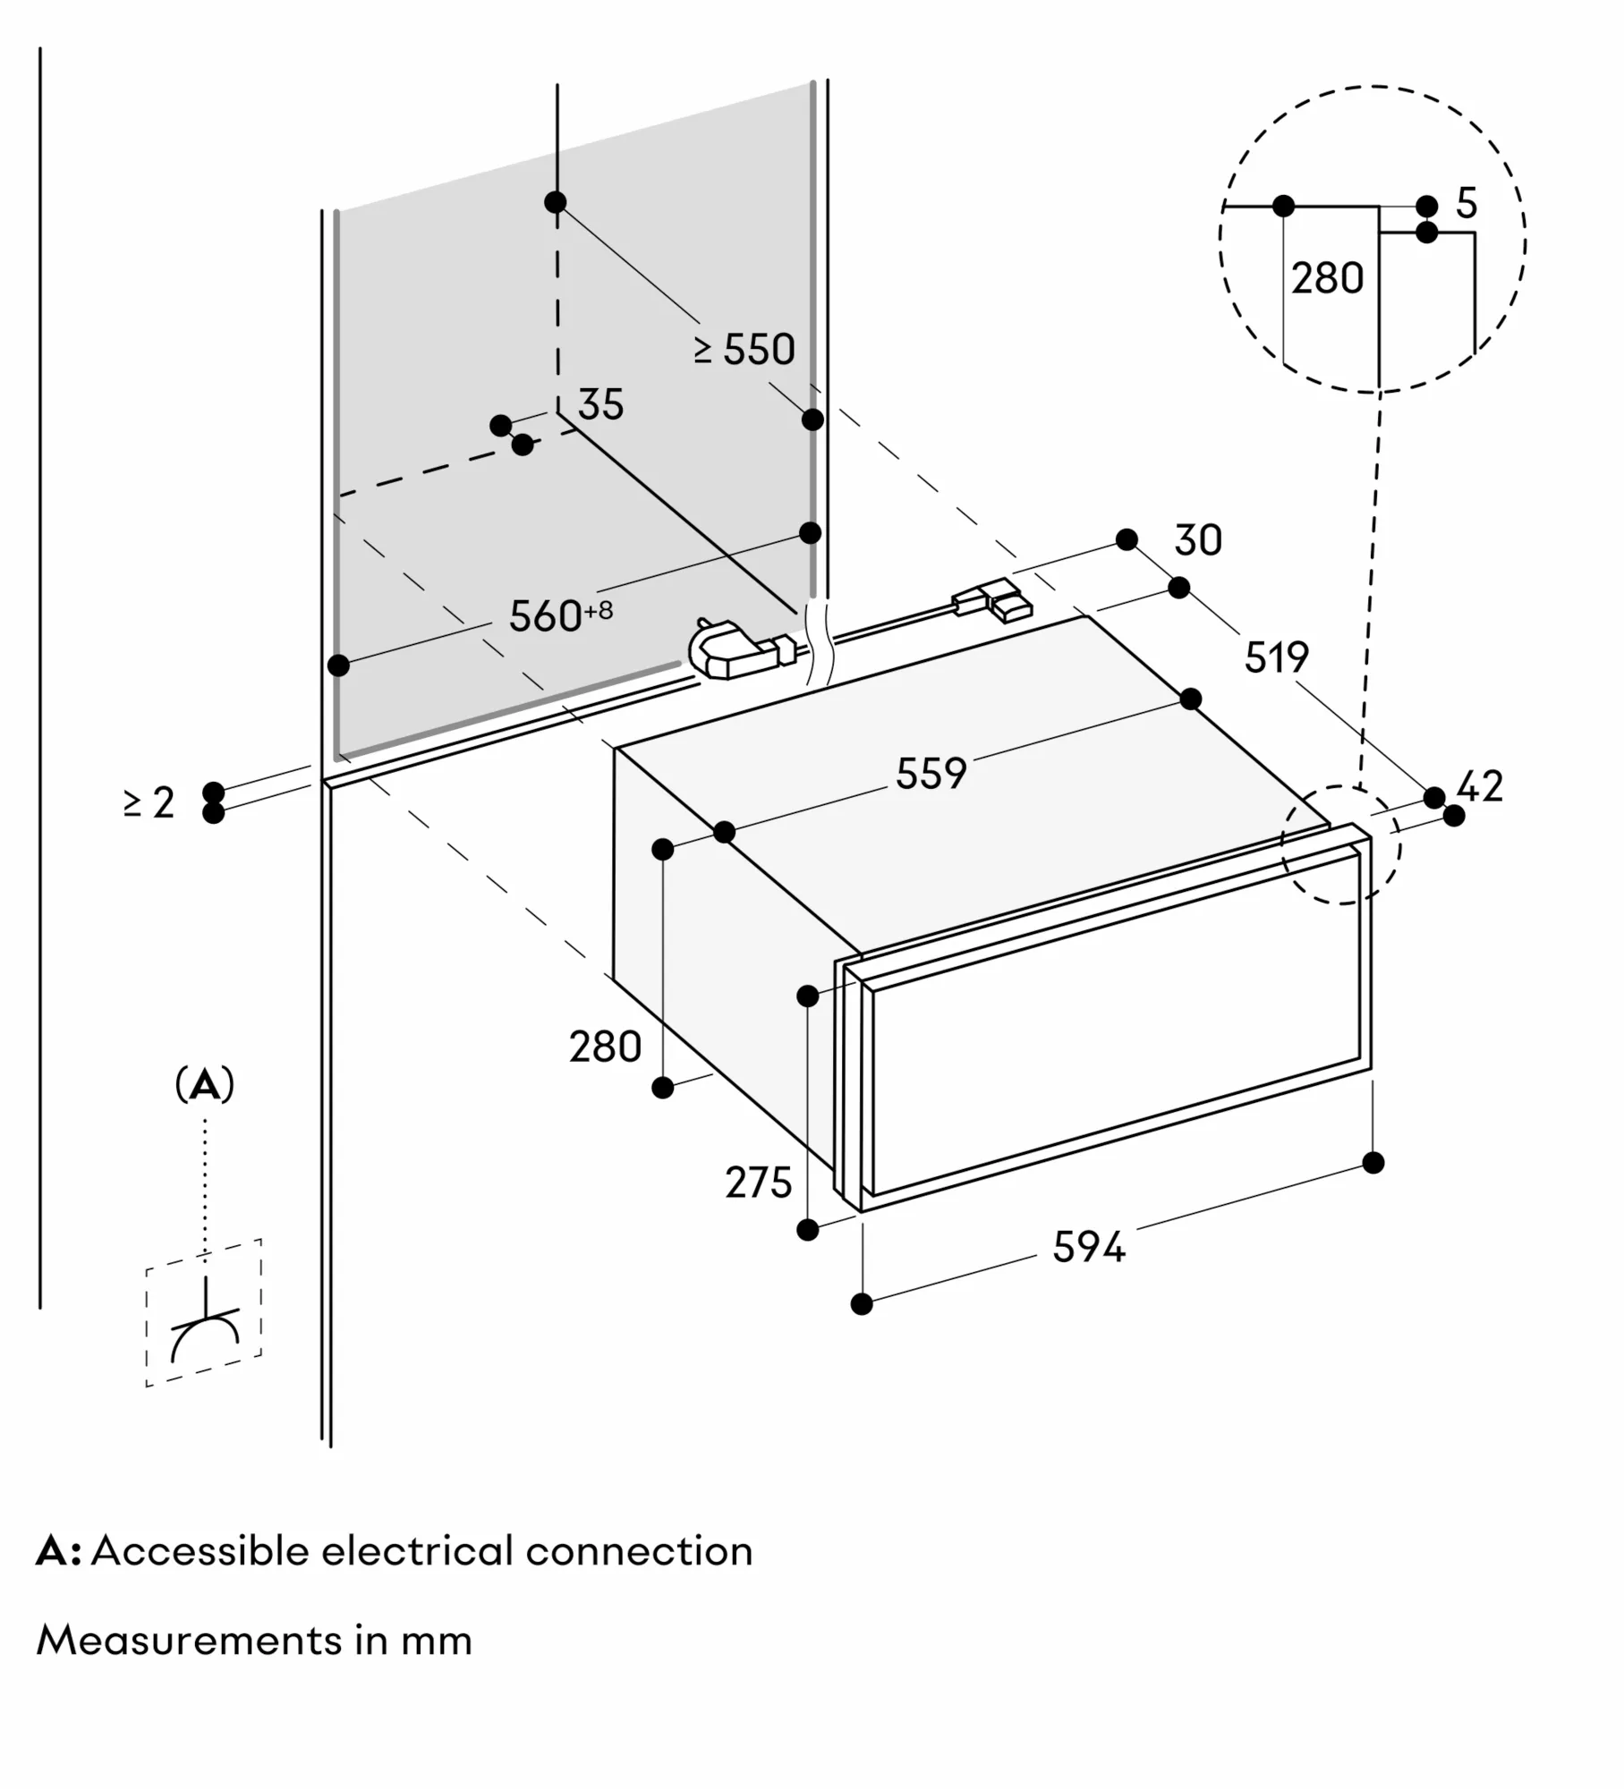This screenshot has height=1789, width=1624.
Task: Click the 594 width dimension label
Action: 1088,1247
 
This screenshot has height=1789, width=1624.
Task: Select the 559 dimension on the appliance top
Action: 931,773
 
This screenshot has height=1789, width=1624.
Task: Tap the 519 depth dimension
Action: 1276,657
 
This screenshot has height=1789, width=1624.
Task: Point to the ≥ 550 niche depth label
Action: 744,349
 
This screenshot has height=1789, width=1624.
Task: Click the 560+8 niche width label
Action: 560,615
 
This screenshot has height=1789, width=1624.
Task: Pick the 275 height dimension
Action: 758,1183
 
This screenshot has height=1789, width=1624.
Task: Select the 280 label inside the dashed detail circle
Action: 1327,278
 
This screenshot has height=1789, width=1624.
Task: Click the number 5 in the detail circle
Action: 1466,204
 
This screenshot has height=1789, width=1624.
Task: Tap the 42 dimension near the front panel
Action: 1480,786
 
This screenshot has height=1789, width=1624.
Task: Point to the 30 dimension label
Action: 1197,540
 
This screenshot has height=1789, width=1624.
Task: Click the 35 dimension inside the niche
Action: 599,404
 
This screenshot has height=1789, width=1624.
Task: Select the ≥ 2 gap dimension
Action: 149,802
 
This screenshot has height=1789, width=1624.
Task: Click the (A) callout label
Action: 205,1085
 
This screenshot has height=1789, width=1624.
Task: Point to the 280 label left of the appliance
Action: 605,1047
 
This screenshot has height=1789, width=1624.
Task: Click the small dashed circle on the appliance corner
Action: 1340,844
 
